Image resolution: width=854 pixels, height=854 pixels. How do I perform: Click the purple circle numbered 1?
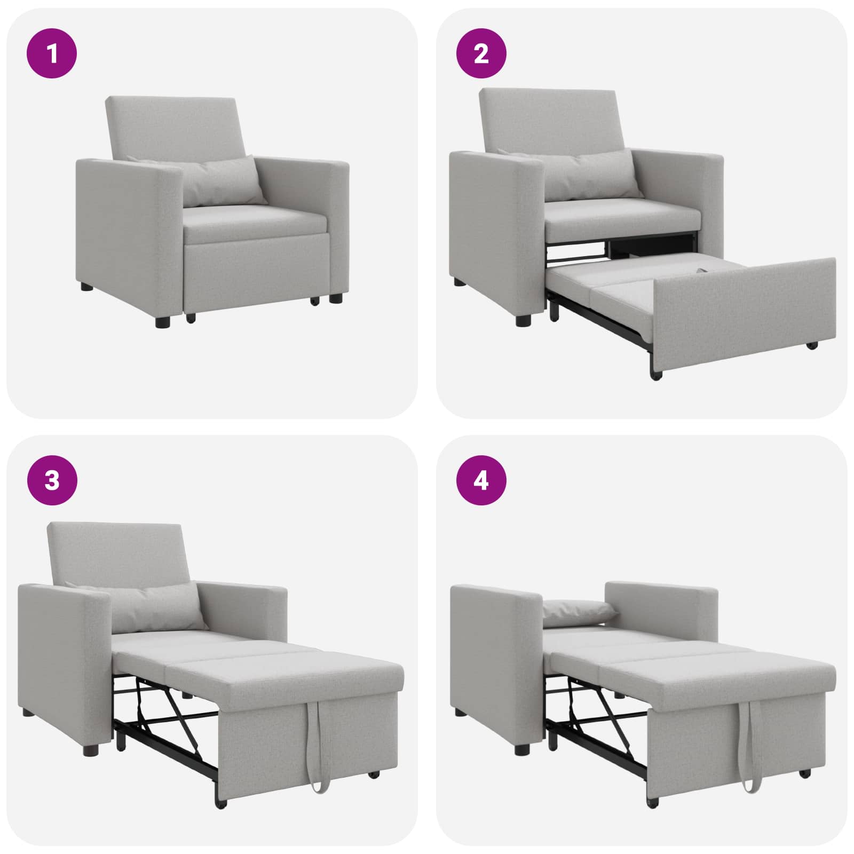pyautogui.click(x=52, y=54)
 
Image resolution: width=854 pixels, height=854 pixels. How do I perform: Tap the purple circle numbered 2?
pyautogui.click(x=481, y=54)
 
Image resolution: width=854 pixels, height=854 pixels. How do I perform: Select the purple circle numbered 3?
pyautogui.click(x=52, y=480)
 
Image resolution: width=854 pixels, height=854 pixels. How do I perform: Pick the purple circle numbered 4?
pyautogui.click(x=481, y=480)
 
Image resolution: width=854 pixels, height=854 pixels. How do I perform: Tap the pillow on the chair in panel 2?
pyautogui.click(x=592, y=175)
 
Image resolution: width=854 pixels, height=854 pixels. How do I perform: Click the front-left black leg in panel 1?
pyautogui.click(x=163, y=322)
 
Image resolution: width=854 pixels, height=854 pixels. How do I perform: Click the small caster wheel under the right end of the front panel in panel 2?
pyautogui.click(x=812, y=345)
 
